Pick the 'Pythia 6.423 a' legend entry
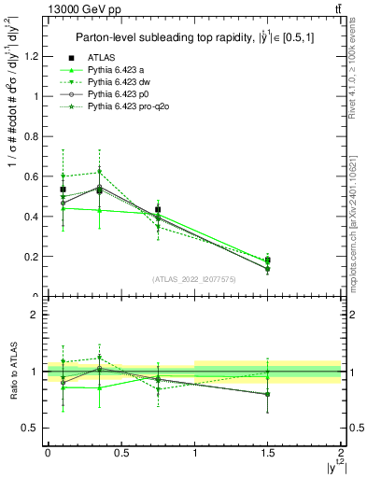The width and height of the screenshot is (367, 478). click(x=118, y=71)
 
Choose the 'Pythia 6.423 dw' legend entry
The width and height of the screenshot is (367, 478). click(x=120, y=83)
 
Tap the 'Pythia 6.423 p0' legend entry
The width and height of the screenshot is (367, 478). click(x=120, y=95)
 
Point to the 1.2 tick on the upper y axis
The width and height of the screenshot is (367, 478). click(x=34, y=56)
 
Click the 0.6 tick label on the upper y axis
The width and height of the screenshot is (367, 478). click(x=34, y=176)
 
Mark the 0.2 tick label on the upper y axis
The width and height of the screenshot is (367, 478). click(x=34, y=257)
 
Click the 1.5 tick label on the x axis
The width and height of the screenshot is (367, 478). click(x=268, y=453)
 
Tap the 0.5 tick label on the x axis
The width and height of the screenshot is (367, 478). click(x=120, y=453)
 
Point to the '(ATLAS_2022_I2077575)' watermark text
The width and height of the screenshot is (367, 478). click(x=193, y=278)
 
